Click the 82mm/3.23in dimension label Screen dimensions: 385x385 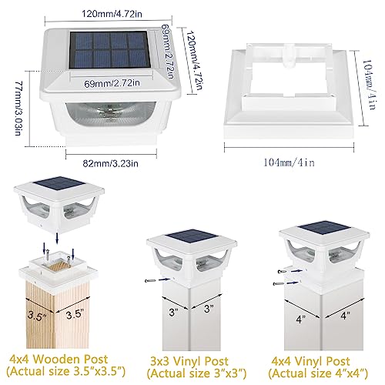pos(105,163)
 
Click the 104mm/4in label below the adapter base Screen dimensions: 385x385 pos(291,163)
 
